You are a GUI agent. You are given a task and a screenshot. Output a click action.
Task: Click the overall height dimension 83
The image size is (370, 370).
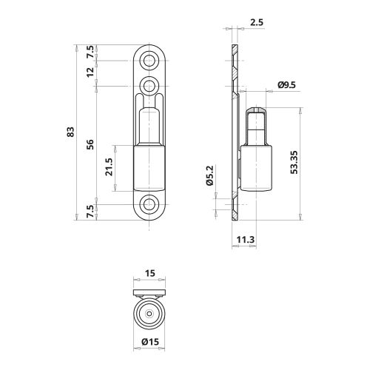coord(71,132)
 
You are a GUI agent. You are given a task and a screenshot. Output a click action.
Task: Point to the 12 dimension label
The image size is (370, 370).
coord(90,73)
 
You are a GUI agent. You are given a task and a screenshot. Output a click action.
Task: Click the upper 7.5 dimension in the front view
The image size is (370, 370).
coord(90,52)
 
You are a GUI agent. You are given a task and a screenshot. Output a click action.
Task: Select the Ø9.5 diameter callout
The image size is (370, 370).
coord(287,85)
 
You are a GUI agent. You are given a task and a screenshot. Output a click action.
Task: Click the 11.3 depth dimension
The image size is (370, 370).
coord(246,239)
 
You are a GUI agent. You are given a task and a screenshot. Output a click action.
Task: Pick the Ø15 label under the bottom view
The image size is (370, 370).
coord(151,341)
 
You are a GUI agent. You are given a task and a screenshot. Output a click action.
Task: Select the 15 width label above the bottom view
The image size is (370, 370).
coord(150,273)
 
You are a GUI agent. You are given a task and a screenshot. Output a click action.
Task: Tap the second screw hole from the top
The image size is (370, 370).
coord(151,82)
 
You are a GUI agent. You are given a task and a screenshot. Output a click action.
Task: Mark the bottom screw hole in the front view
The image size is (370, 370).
coord(151,205)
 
